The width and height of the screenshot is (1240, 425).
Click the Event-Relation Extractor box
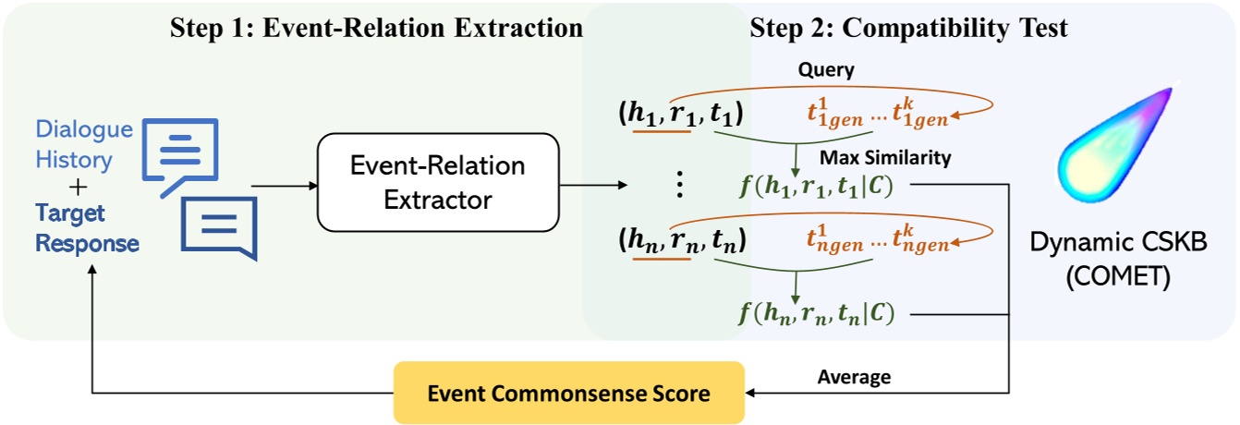438,182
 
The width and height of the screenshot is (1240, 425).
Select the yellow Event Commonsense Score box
568,394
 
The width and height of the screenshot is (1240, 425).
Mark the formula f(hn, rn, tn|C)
816,312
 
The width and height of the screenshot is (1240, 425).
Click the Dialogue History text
84,145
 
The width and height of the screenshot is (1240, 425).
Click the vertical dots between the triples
679,185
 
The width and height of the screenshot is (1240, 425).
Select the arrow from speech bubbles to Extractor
282,185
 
